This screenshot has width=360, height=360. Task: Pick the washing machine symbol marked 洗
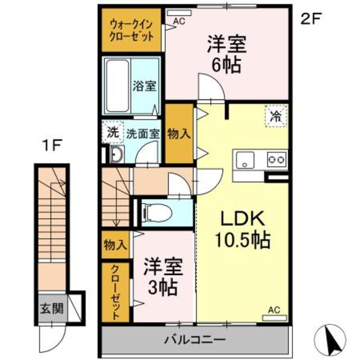pyautogui.click(x=113, y=133)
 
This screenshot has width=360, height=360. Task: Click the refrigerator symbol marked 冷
pyautogui.click(x=276, y=117)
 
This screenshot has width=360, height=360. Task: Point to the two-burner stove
pyautogui.click(x=276, y=159)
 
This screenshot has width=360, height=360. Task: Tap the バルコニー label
pyautogui.click(x=195, y=340)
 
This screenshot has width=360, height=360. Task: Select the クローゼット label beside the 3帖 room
pyautogui.click(x=115, y=292)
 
